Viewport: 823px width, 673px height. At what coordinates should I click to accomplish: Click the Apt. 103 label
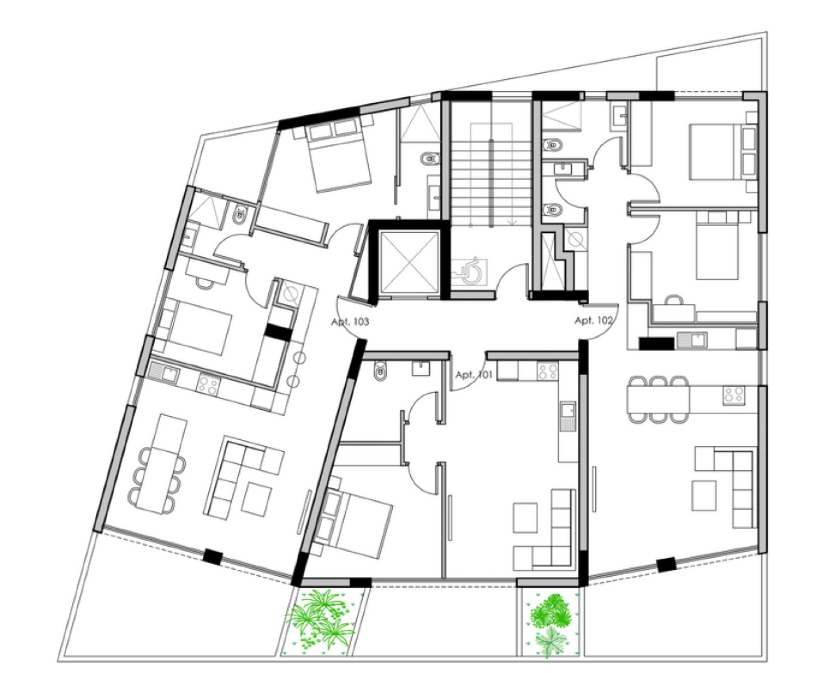pyautogui.click(x=350, y=322)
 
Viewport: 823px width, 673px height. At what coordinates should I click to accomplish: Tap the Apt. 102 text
pyautogui.click(x=593, y=320)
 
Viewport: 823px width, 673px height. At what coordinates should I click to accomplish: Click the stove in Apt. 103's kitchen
pyautogui.click(x=209, y=385)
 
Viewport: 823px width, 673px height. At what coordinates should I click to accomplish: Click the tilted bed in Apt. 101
pyautogui.click(x=354, y=516)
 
